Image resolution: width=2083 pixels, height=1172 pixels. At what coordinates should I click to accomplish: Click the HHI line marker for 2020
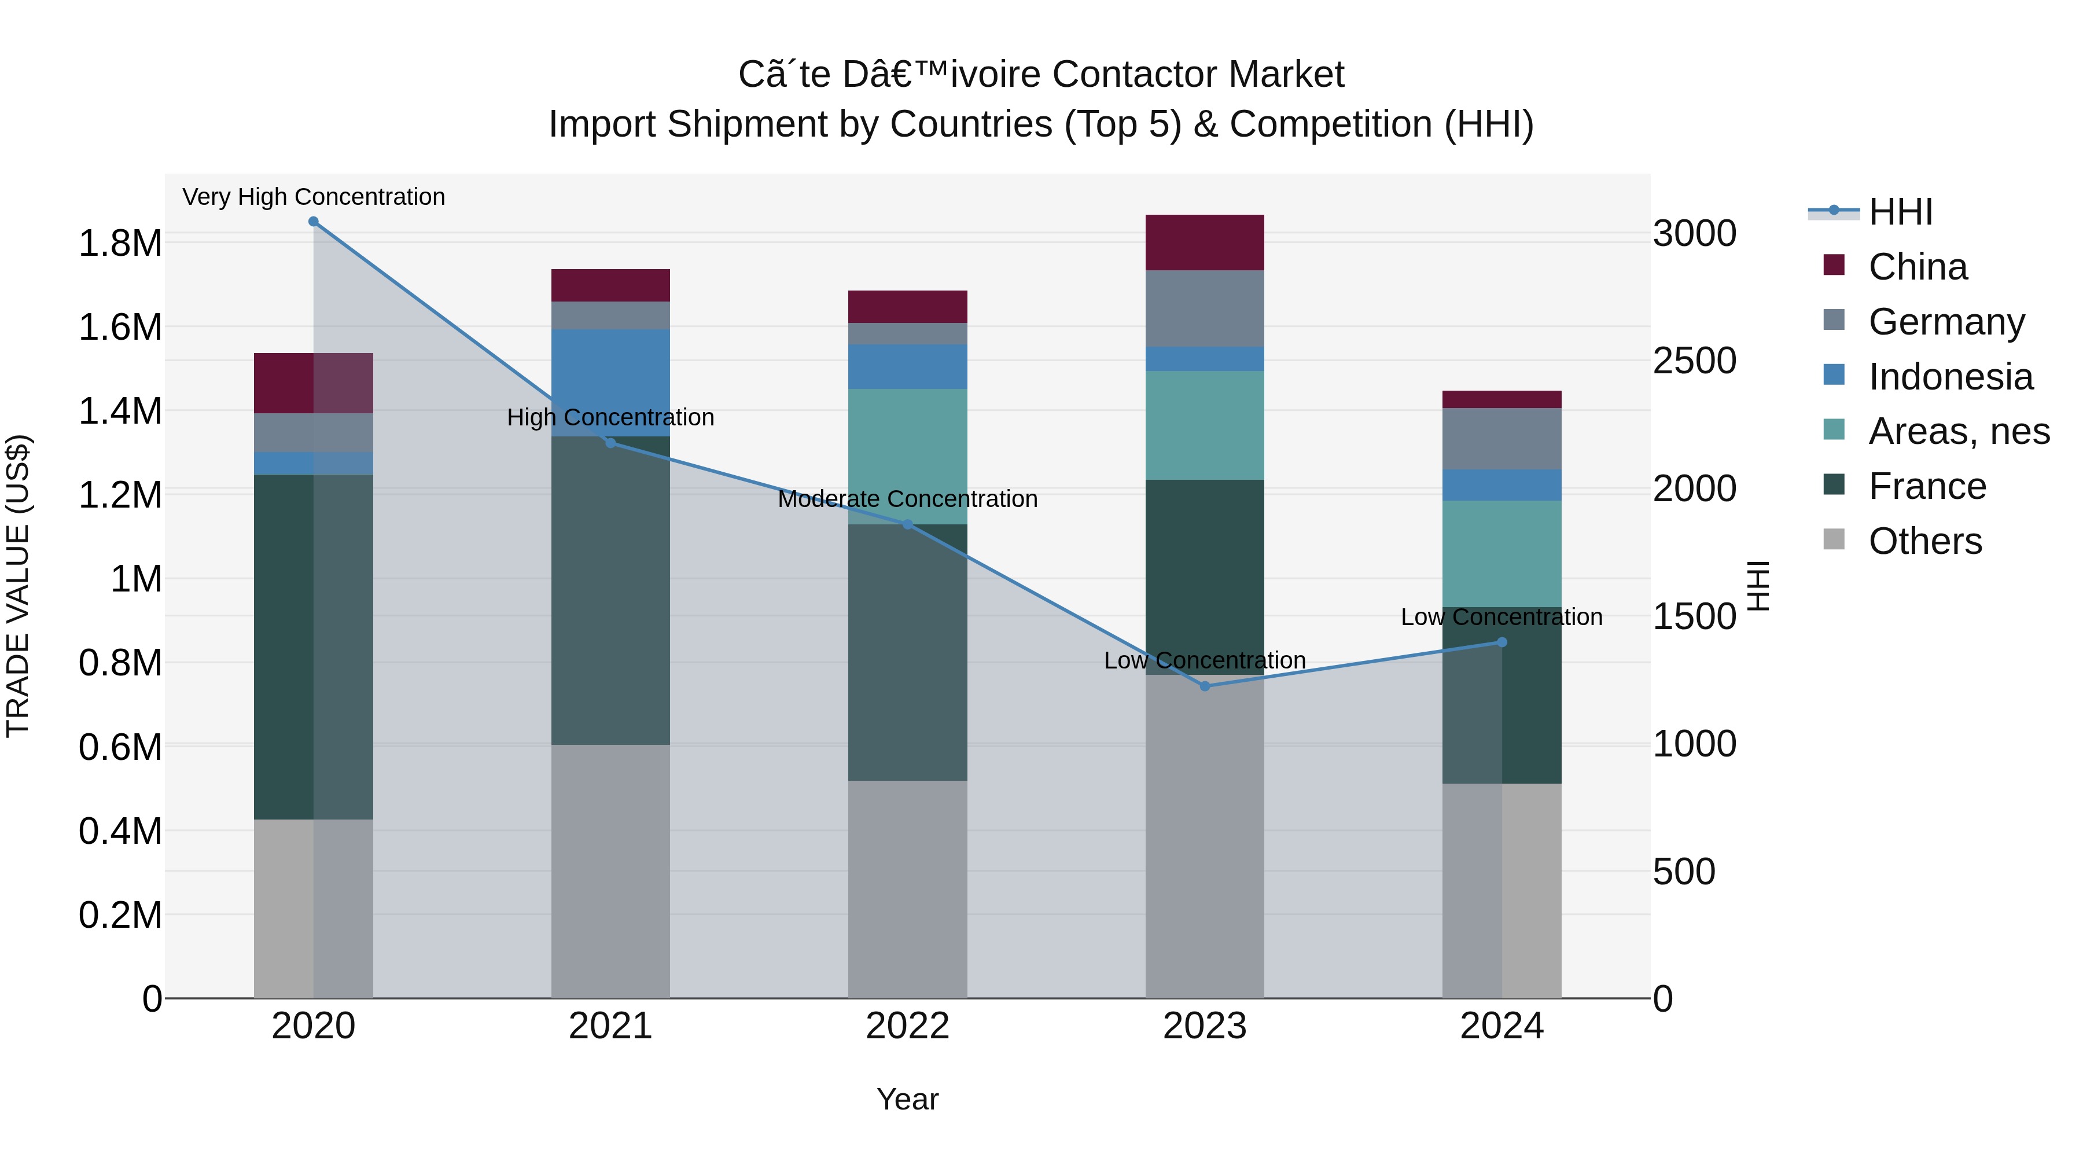click(x=313, y=222)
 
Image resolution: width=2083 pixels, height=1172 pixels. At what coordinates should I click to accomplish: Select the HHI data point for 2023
click(x=1204, y=686)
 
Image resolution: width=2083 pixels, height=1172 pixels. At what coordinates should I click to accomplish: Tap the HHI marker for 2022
click(x=907, y=525)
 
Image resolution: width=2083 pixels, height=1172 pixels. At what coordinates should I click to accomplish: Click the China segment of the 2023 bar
click(x=1204, y=243)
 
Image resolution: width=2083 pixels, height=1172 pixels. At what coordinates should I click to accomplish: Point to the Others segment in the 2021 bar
click(x=610, y=871)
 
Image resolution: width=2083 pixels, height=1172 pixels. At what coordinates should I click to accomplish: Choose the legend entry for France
click(x=1926, y=486)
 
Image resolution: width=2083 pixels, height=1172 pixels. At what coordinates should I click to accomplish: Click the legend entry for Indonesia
click(x=1949, y=377)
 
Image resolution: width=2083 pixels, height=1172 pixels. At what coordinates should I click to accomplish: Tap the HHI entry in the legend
click(x=1900, y=212)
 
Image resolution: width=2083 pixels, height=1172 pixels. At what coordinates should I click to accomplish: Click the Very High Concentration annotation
click(x=314, y=197)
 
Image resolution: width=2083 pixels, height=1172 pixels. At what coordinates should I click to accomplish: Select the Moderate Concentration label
click(x=907, y=499)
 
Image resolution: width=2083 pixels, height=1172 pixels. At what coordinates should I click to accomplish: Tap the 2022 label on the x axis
click(x=907, y=1026)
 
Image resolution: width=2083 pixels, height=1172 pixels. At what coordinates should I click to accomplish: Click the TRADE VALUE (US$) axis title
click(x=18, y=586)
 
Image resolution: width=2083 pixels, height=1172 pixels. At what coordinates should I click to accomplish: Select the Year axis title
click(x=907, y=1099)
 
